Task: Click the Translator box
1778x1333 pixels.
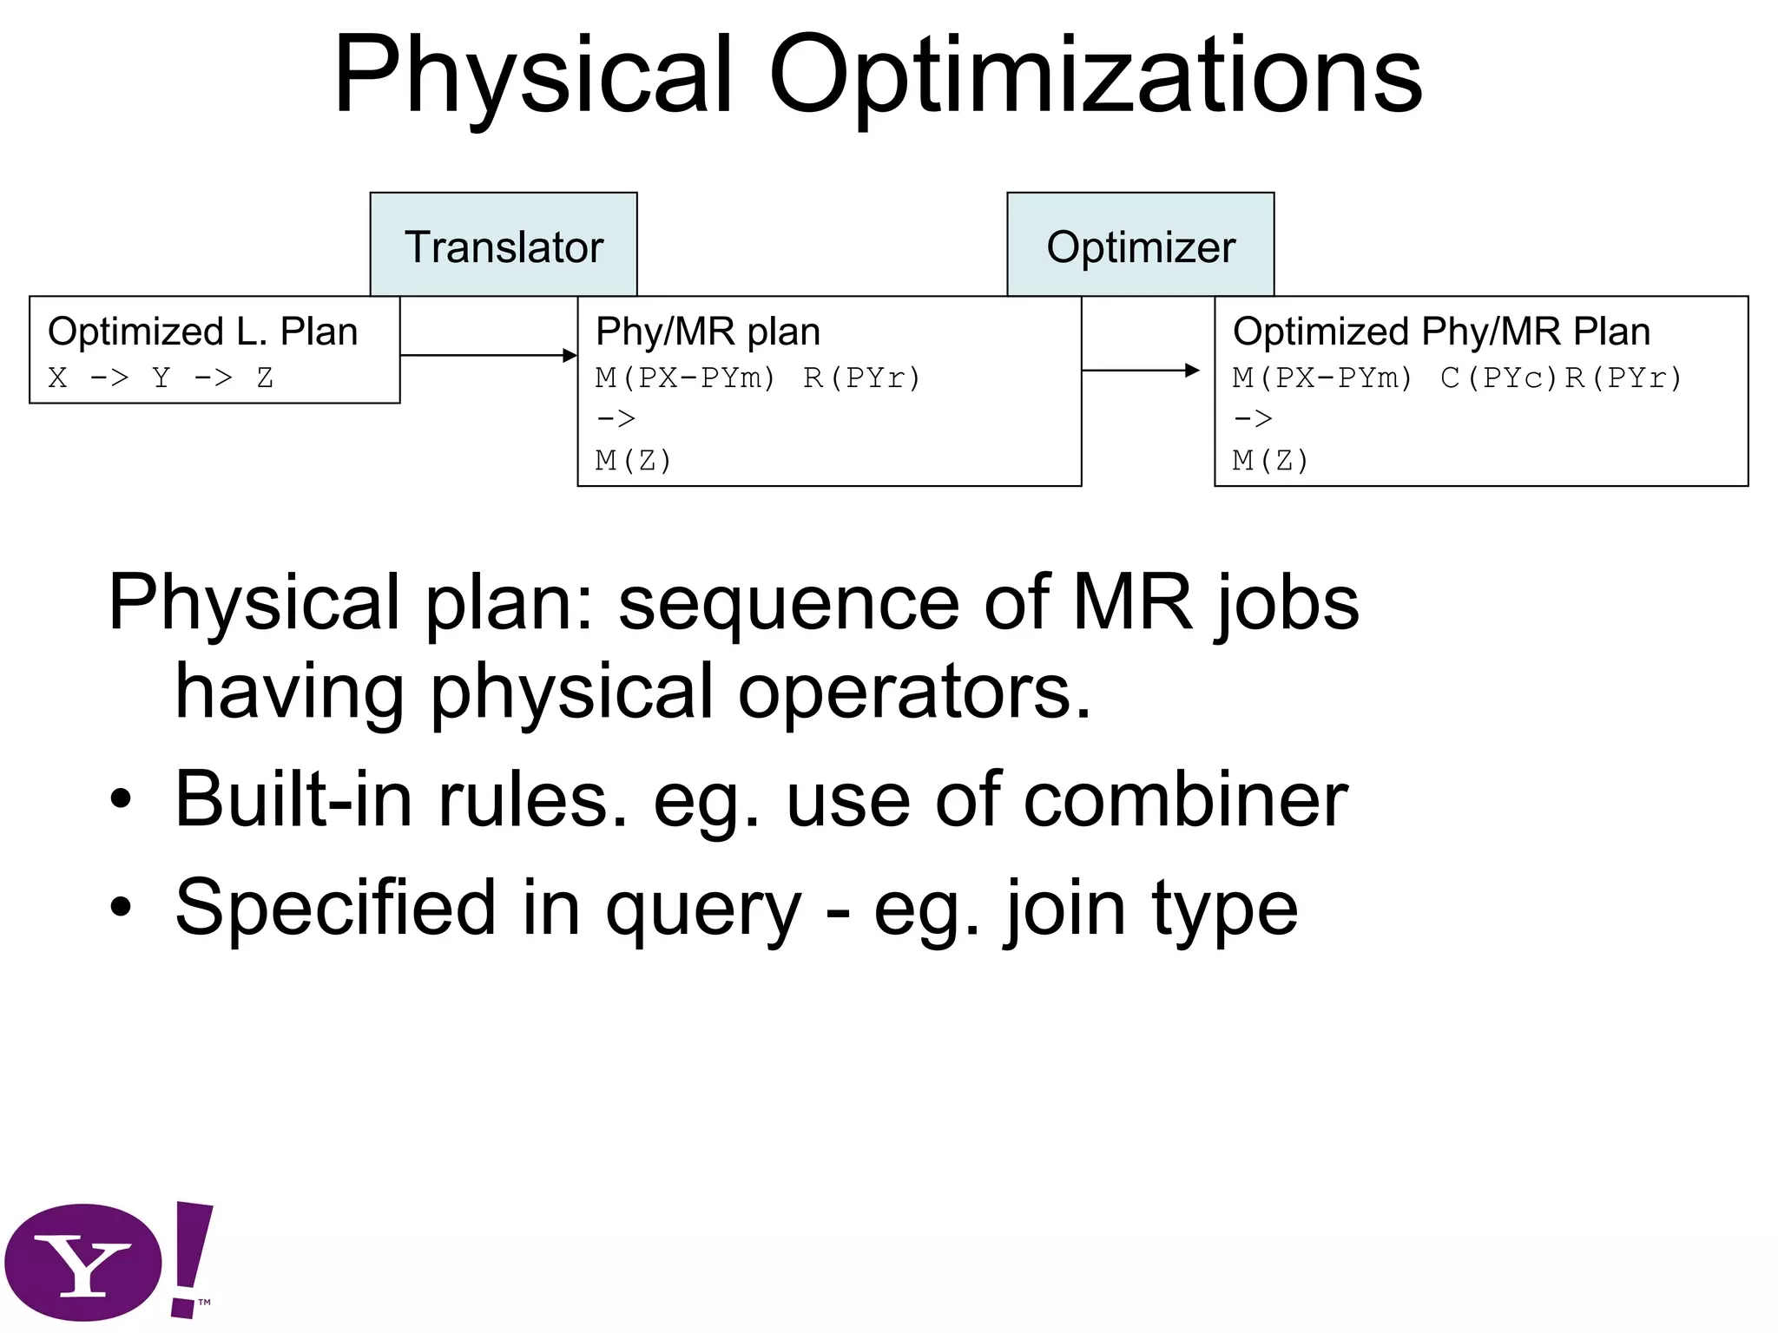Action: (x=504, y=245)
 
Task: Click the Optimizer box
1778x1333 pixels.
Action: (x=1140, y=245)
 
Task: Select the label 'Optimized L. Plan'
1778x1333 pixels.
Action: (x=202, y=332)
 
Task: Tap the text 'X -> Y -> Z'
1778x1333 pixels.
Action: (x=161, y=378)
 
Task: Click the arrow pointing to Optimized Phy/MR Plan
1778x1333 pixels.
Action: (x=1141, y=371)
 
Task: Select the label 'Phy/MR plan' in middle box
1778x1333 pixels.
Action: (x=708, y=332)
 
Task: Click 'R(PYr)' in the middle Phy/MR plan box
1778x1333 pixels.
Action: (x=861, y=378)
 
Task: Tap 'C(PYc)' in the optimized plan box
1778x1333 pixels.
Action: (x=1499, y=378)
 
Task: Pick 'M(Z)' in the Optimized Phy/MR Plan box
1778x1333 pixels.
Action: (x=1270, y=460)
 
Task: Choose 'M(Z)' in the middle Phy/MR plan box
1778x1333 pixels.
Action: (x=634, y=460)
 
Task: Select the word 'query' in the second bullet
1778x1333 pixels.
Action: (x=703, y=909)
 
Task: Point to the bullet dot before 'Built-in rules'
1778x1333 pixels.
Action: (x=122, y=799)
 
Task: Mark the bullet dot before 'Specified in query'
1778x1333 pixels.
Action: (x=122, y=907)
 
